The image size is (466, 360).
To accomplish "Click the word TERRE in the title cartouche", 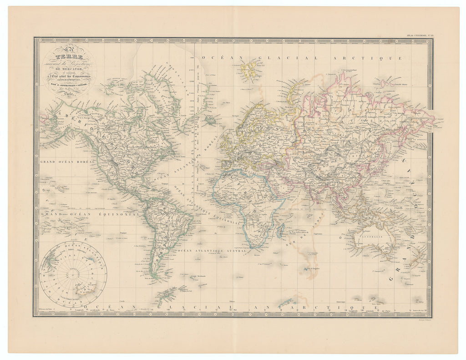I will point(69,58).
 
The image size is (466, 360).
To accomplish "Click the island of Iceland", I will point(211,120).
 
